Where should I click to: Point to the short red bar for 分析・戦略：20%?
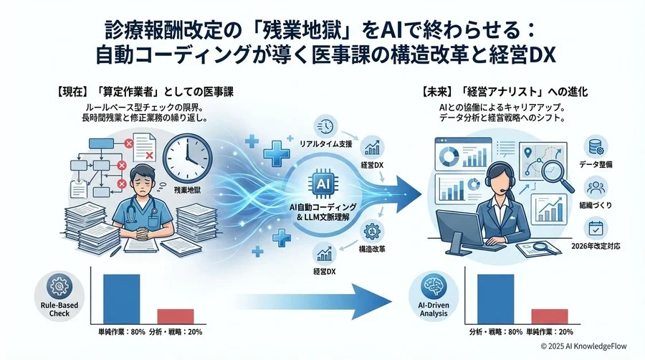[176, 316]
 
